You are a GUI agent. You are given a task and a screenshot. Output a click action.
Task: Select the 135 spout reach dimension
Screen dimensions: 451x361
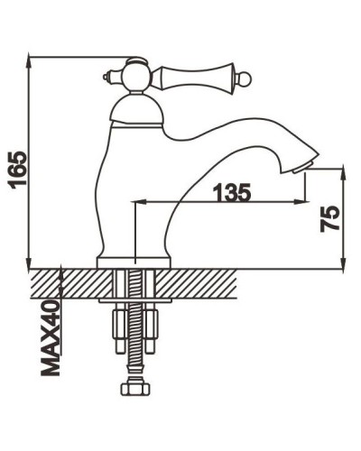232,192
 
